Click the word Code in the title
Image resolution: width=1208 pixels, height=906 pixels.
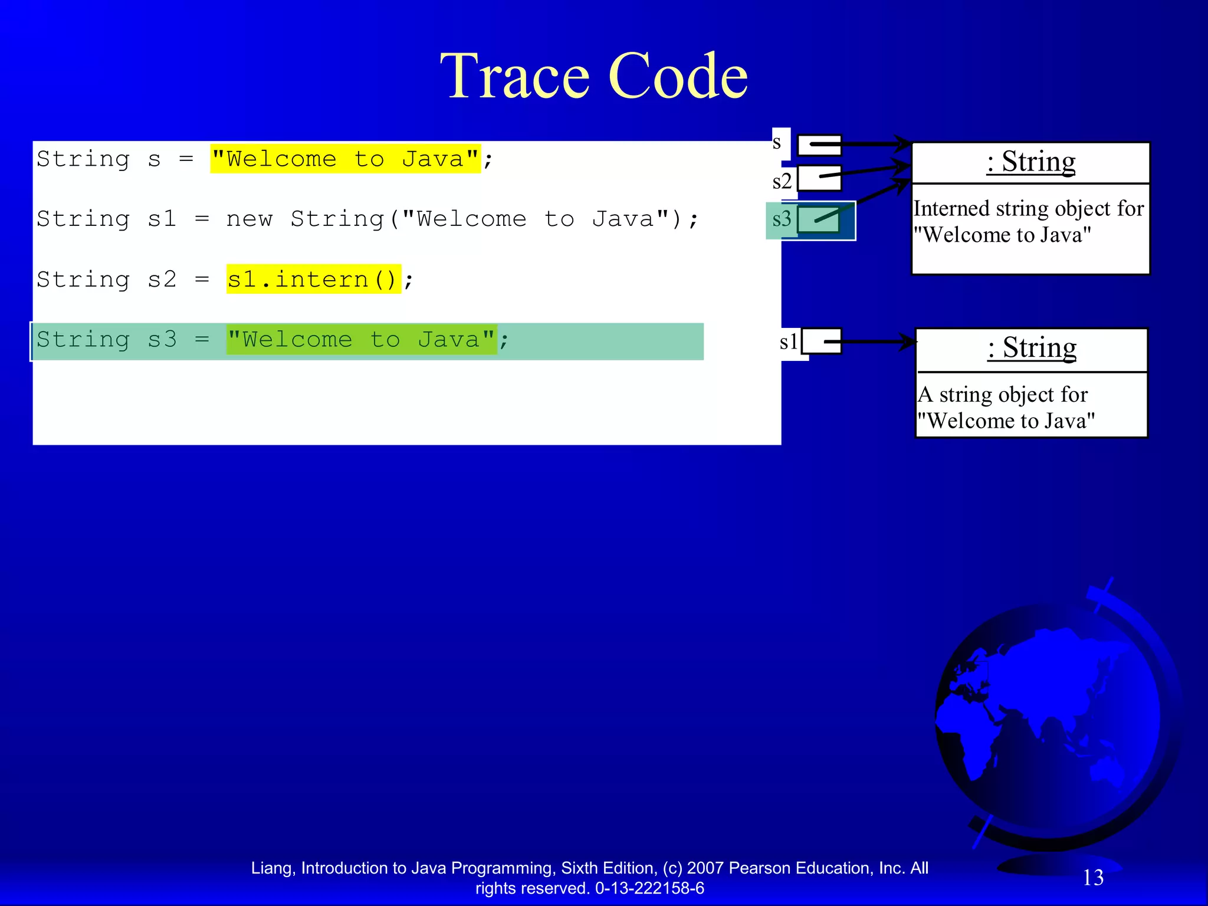coord(678,77)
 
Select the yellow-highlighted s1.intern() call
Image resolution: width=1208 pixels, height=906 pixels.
coord(313,279)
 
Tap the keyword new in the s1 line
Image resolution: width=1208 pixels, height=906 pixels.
coord(249,219)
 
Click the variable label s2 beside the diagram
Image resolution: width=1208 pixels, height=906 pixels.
coord(782,181)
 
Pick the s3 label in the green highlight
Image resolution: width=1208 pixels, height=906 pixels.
coord(782,219)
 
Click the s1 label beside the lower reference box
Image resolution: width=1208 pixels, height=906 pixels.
coord(789,342)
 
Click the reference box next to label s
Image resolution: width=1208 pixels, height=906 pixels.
coord(819,145)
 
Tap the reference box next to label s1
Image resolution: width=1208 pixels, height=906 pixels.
coord(822,342)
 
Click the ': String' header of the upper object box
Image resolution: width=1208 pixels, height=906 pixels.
coord(1030,162)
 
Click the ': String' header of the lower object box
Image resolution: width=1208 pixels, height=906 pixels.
coord(1032,348)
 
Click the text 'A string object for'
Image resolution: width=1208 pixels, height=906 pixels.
coord(1003,395)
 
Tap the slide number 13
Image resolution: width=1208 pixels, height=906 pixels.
coord(1093,878)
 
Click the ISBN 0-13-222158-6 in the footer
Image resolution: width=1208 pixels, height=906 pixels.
coord(649,888)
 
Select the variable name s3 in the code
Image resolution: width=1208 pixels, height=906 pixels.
coord(162,340)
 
